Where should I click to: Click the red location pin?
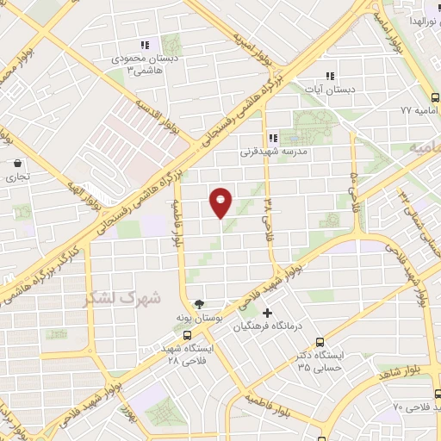click(x=221, y=203)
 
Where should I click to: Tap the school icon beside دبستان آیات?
click(x=329, y=75)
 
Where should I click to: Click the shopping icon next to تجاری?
click(x=17, y=162)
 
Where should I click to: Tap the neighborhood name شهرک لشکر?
click(x=122, y=298)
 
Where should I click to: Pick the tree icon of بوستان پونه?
click(x=200, y=303)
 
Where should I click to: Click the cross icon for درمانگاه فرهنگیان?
click(x=268, y=312)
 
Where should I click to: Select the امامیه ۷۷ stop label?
click(x=419, y=110)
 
